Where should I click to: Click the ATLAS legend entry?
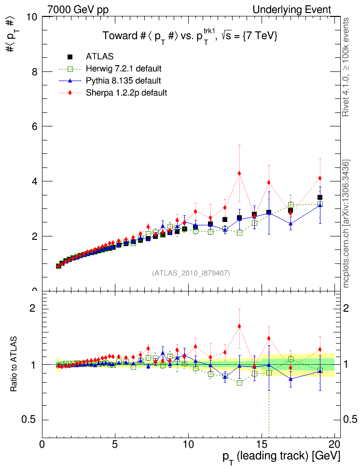[x=99, y=56]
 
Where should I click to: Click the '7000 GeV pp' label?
[x=78, y=10]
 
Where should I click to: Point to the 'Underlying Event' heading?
[x=292, y=10]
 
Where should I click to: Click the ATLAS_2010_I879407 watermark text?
[x=191, y=273]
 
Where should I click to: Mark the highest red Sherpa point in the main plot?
[x=239, y=173]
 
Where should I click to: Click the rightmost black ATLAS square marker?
[x=319, y=197]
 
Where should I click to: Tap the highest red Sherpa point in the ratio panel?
[x=239, y=326]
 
